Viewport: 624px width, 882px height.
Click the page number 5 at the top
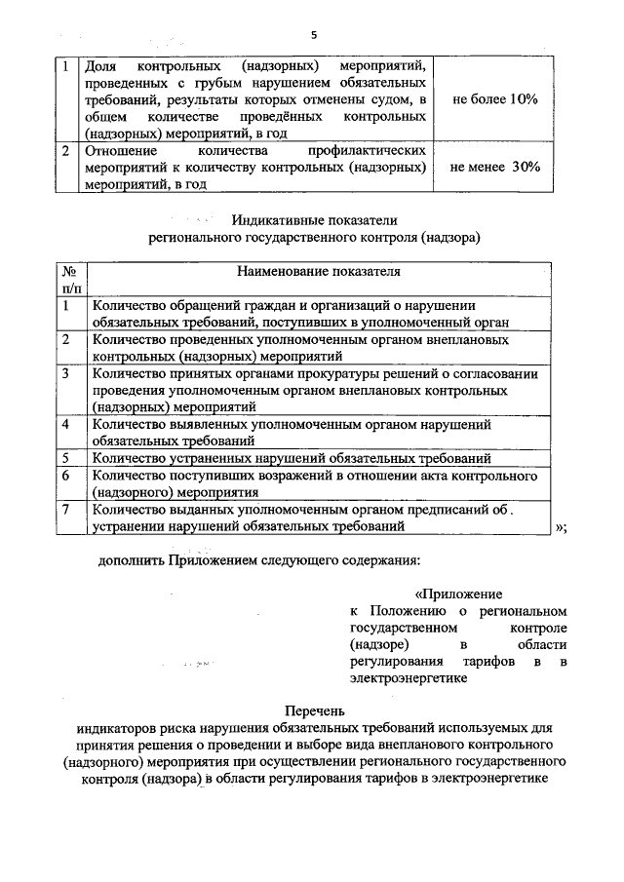314,35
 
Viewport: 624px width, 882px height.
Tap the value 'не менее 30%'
495,168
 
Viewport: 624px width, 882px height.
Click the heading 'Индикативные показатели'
316,221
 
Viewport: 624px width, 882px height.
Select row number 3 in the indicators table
65,373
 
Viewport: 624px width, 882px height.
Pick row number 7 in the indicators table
65,509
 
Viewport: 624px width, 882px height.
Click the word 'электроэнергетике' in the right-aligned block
406,680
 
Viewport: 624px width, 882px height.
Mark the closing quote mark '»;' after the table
562,526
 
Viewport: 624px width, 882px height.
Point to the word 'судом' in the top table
389,99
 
